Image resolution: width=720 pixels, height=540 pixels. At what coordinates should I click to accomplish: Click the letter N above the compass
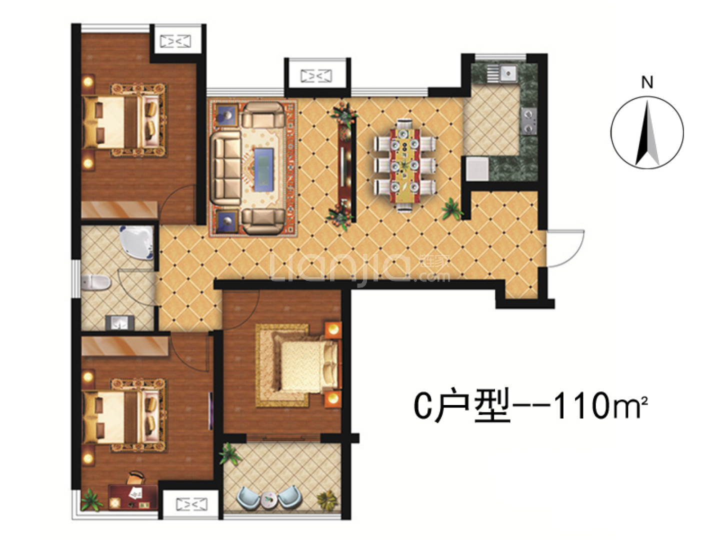point(647,82)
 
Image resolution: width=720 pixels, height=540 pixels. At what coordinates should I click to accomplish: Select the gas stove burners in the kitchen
point(528,121)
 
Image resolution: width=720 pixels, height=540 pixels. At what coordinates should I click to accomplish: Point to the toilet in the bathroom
point(95,282)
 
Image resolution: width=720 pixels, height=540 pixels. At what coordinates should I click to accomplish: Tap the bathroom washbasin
point(119,322)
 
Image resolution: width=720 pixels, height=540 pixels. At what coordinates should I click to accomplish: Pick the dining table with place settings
point(405,165)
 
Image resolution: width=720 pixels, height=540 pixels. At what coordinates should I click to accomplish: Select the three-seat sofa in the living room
point(226,168)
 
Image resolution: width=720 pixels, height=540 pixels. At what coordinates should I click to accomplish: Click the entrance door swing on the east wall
point(565,248)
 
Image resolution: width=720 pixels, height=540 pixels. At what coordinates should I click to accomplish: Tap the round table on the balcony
point(269,499)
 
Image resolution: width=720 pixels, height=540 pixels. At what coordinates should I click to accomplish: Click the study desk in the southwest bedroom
point(133,497)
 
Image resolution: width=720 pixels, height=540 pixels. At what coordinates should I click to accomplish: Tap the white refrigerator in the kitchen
point(477,169)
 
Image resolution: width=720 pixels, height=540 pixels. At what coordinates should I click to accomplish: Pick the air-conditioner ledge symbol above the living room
point(316,76)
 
